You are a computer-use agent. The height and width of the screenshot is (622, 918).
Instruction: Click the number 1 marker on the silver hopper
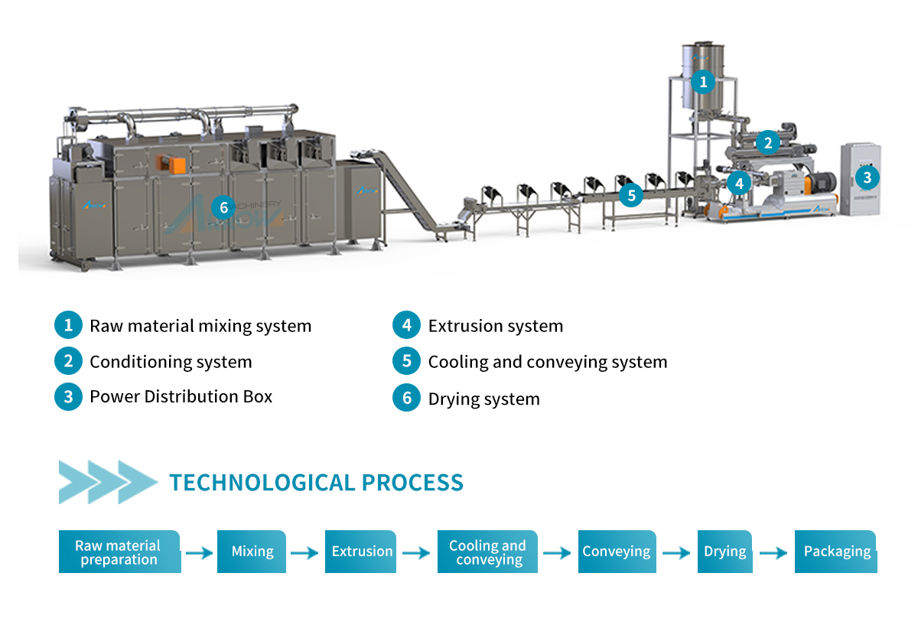click(703, 82)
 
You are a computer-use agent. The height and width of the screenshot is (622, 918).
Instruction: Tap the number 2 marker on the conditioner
click(767, 142)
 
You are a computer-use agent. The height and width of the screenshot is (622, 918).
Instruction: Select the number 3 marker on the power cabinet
click(868, 177)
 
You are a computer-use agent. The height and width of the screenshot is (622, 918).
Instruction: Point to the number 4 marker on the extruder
click(739, 183)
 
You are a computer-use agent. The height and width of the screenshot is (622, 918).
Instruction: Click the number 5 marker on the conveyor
click(631, 195)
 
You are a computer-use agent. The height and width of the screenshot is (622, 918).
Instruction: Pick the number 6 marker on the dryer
click(223, 207)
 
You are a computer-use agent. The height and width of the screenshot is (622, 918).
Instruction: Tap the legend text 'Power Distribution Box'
click(181, 396)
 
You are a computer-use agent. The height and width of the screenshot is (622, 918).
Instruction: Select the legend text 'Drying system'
click(484, 399)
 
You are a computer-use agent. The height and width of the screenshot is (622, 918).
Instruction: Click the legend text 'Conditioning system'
click(171, 362)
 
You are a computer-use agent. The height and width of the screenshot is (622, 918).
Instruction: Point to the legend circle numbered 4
click(406, 325)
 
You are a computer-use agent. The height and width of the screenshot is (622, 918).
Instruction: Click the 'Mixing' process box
click(252, 552)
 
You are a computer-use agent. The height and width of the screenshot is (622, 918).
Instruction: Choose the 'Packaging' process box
click(836, 552)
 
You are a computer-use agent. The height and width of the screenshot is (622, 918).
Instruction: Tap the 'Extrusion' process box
click(360, 552)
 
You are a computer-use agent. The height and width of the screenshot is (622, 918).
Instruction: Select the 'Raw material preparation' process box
click(119, 552)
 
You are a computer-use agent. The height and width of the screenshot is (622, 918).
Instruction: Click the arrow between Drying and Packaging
click(773, 553)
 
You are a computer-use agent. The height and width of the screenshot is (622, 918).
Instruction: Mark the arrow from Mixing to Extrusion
click(304, 553)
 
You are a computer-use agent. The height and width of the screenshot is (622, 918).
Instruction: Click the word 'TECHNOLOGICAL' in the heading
click(262, 482)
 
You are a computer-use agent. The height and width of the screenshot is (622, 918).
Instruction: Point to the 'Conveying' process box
click(617, 552)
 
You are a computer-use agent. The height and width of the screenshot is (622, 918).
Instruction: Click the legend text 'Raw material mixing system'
click(200, 326)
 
